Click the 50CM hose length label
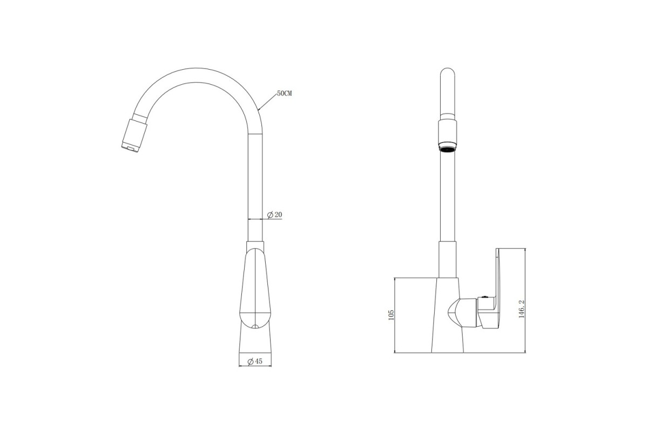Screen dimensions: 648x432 (x=285, y=93)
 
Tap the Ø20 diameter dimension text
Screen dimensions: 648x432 (x=274, y=215)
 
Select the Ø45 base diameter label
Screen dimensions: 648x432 (x=255, y=361)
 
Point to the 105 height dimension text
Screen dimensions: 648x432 (x=391, y=315)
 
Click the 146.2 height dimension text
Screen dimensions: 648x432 (x=522, y=309)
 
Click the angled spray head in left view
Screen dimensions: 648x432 (x=134, y=133)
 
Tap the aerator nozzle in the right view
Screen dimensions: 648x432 (x=448, y=147)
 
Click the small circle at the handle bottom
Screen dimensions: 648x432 (x=255, y=327)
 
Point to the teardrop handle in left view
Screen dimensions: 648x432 (x=255, y=289)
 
